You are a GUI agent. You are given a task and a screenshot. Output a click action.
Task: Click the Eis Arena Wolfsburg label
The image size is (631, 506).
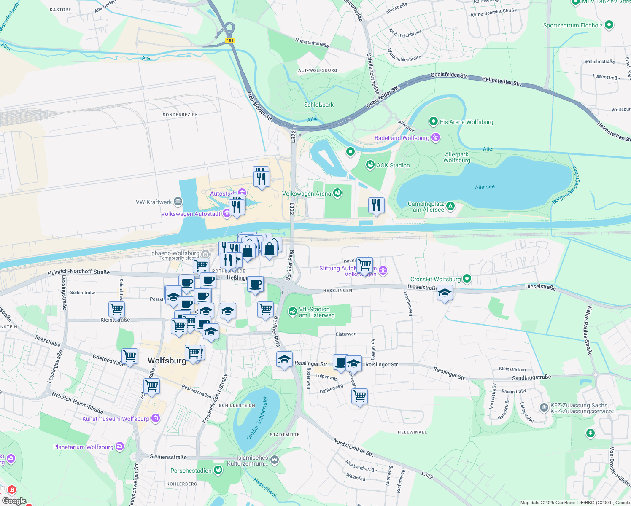466,122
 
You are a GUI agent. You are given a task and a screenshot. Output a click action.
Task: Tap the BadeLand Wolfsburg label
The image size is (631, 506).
402,138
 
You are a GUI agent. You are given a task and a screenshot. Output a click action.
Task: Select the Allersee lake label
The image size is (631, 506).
485,186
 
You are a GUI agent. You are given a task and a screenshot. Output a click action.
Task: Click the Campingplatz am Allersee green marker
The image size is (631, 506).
450,206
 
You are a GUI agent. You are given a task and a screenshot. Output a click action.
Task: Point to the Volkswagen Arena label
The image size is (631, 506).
306,194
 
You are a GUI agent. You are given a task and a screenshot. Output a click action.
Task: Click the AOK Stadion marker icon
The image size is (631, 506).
370,165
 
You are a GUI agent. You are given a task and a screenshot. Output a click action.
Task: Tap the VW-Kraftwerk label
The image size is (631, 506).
154,202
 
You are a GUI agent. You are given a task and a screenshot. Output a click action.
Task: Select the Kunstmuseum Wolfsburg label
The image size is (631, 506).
116,419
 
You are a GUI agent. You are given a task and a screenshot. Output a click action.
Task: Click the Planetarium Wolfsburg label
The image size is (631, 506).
83,447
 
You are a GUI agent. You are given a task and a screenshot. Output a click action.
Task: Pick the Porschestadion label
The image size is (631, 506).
191,471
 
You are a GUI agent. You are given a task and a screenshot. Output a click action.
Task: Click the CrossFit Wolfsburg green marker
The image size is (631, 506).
467,278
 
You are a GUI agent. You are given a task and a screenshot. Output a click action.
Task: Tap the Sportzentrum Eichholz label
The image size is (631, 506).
573,25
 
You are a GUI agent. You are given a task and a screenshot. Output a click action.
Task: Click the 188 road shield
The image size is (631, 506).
229,40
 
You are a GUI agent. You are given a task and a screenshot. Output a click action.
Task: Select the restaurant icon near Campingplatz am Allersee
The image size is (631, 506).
376,205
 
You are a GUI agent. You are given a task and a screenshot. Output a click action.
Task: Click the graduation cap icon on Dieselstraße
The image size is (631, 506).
445,293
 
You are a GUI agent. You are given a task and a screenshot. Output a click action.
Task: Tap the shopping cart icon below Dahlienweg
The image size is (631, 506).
360,396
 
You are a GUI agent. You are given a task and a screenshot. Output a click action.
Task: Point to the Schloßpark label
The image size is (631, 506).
318,105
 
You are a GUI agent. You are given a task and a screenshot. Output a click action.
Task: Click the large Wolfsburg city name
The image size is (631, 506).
167,361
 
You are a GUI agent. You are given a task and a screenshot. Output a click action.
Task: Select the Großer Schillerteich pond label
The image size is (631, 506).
257,417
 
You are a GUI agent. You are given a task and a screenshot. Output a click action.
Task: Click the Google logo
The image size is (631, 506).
14,501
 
